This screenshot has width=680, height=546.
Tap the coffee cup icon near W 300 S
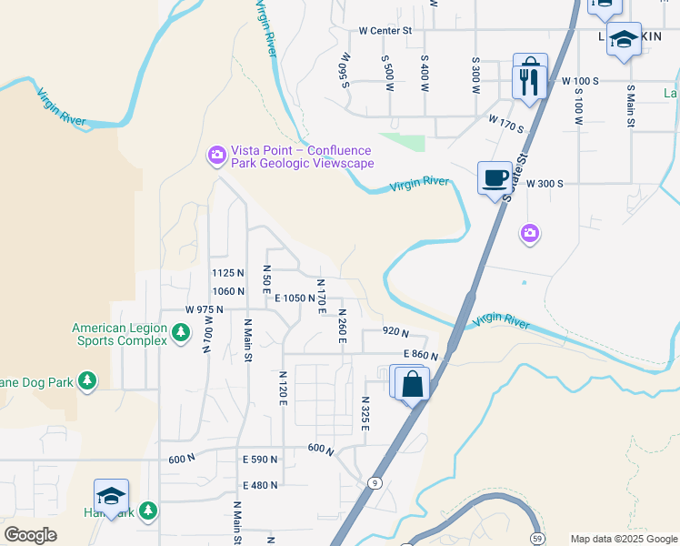coord(495,177)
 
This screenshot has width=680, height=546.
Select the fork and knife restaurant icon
coord(528,82)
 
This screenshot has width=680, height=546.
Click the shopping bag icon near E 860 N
coord(412,383)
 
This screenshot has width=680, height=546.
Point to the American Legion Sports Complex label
coord(120,334)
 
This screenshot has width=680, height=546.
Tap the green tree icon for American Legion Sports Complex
coord(181,334)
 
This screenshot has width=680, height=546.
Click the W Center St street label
coord(385,30)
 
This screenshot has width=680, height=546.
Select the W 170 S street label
coord(506,124)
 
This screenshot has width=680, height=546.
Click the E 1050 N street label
coord(295,298)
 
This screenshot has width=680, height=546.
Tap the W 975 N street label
coord(205,309)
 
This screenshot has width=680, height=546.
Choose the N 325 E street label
coord(365,413)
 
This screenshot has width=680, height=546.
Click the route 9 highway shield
coord(375,481)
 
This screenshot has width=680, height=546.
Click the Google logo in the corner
coord(30,535)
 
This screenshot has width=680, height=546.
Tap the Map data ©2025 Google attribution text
coord(623,539)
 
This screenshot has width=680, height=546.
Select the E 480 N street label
coord(260,485)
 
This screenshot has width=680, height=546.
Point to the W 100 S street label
coord(580,81)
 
